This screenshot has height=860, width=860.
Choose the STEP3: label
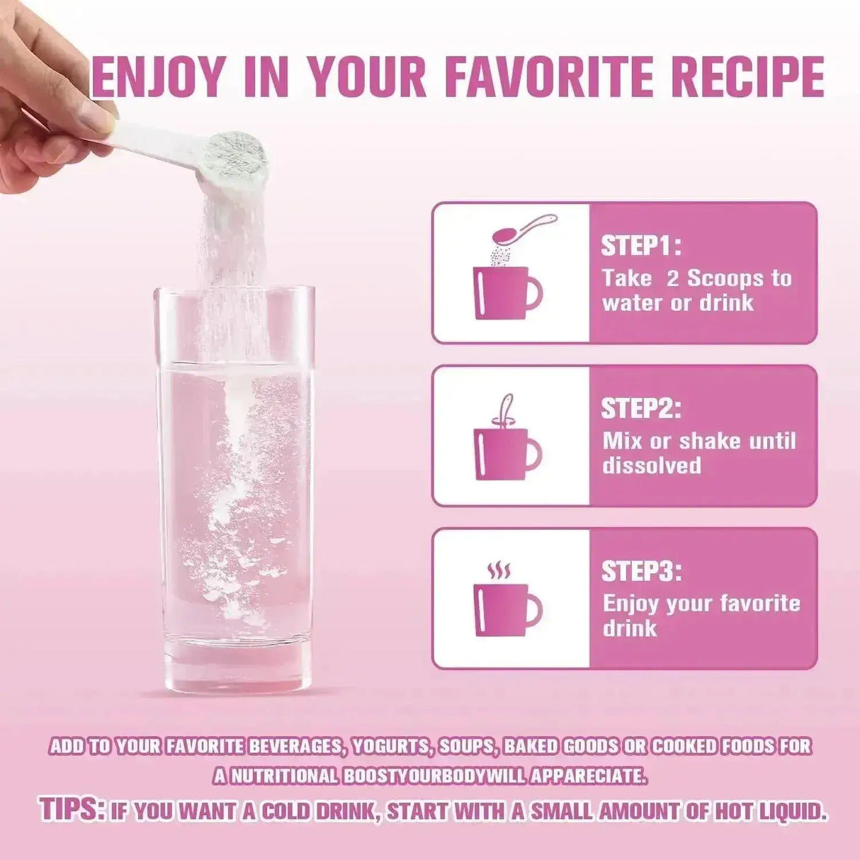(641, 570)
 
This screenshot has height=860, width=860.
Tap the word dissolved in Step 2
(652, 465)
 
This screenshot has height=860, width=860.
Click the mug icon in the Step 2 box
(507, 453)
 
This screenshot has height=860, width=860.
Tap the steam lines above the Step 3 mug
(499, 570)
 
